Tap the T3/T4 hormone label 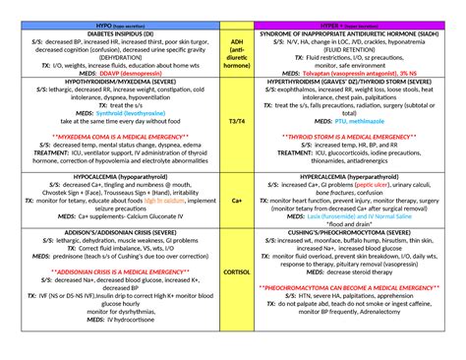tap(236, 120)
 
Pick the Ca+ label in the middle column tap(236, 200)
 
